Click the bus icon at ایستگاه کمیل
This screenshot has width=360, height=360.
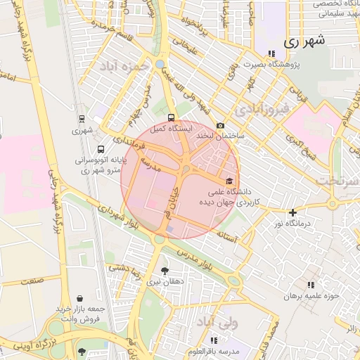pyautogui.click(x=171, y=117)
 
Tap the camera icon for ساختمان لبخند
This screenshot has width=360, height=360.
pyautogui.click(x=220, y=124)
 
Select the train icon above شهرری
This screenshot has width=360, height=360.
pyautogui.click(x=82, y=119)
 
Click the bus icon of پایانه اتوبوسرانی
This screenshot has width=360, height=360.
pyautogui.click(x=101, y=150)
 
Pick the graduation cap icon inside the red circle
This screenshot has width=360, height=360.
pyautogui.click(x=229, y=180)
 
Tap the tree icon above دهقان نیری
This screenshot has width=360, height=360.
pyautogui.click(x=165, y=270)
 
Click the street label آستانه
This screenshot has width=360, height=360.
pyautogui.click(x=247, y=240)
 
